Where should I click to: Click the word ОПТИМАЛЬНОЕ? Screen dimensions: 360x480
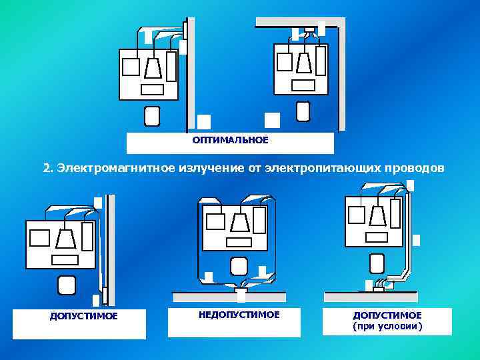[230, 140]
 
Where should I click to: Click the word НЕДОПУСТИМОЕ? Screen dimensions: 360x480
[239, 314]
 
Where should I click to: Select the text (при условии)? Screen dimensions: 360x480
[387, 327]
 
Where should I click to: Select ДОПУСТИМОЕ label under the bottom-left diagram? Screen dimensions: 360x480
[83, 316]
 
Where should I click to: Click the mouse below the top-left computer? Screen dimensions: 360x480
[152, 116]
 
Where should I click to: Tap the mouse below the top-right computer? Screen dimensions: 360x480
[303, 111]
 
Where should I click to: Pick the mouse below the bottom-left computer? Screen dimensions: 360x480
[66, 285]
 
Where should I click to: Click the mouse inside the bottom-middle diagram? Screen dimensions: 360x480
[238, 266]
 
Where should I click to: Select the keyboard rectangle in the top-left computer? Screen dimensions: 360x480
[152, 90]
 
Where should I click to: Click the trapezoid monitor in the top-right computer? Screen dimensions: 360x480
[303, 62]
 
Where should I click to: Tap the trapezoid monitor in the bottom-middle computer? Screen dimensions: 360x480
[239, 222]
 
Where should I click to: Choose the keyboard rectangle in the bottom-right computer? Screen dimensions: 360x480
[377, 237]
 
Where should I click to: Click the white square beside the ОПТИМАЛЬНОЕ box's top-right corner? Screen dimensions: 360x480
[272, 119]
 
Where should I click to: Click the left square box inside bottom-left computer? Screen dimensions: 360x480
[40, 238]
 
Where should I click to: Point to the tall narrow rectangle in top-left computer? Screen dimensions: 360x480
[171, 66]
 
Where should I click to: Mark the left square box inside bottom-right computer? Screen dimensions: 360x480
[357, 214]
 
